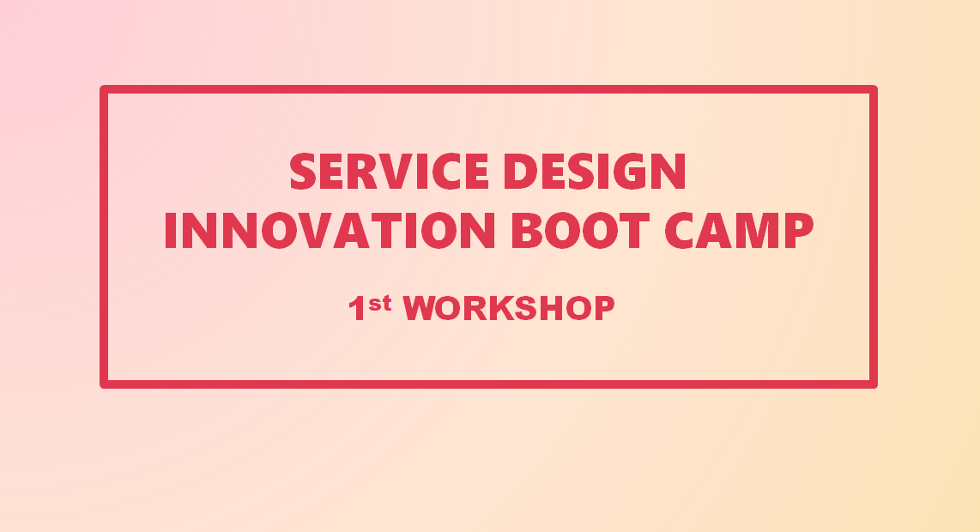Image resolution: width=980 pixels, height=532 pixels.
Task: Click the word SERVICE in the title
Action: pos(389,171)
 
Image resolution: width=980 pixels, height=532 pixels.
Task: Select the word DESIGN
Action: pos(595,171)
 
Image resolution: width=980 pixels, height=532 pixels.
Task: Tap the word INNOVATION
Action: pos(330,230)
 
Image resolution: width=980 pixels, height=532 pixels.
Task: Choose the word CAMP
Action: pos(739,230)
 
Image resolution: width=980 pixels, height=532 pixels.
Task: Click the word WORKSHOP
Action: pos(509,307)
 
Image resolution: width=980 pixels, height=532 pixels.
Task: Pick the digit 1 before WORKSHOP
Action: pos(357,308)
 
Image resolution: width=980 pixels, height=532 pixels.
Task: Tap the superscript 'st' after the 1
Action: pos(380,303)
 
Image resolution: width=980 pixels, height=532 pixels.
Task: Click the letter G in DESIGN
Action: pos(629,171)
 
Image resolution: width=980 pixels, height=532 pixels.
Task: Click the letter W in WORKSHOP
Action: pos(418,308)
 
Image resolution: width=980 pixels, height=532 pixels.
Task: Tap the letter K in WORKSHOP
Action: pos(500,308)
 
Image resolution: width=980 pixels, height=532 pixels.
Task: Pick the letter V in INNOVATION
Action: pos(314,230)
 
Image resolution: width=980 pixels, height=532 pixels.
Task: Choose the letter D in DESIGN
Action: pos(520,171)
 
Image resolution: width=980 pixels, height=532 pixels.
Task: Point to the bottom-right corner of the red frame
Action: pos(874,384)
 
